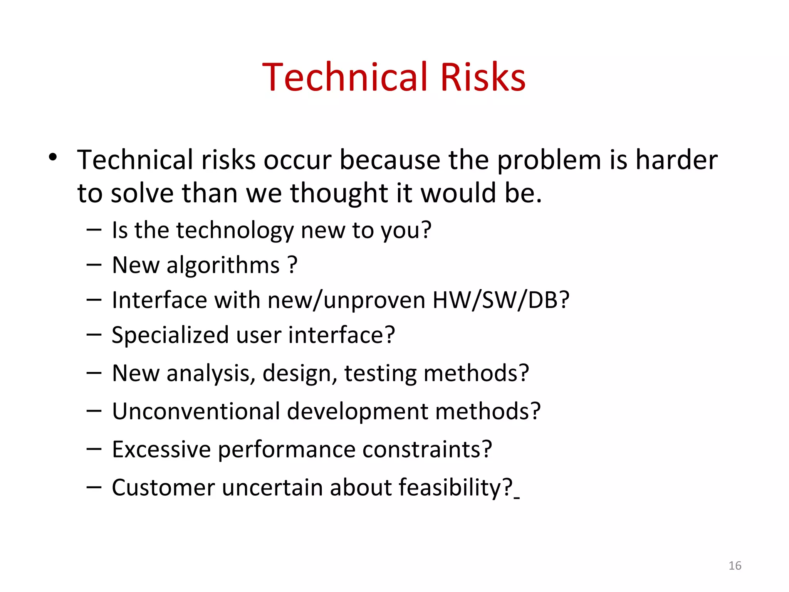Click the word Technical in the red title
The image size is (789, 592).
[345, 77]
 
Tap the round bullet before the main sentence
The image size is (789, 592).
[53, 157]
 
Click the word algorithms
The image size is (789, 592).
[223, 266]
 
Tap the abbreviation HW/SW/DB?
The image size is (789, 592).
[500, 300]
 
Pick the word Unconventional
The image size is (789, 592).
[196, 411]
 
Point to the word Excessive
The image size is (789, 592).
[161, 449]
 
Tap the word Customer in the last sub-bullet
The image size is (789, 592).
[163, 488]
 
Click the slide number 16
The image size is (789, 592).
[735, 565]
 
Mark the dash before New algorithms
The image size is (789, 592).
[94, 265]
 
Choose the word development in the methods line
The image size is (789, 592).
[357, 412]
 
